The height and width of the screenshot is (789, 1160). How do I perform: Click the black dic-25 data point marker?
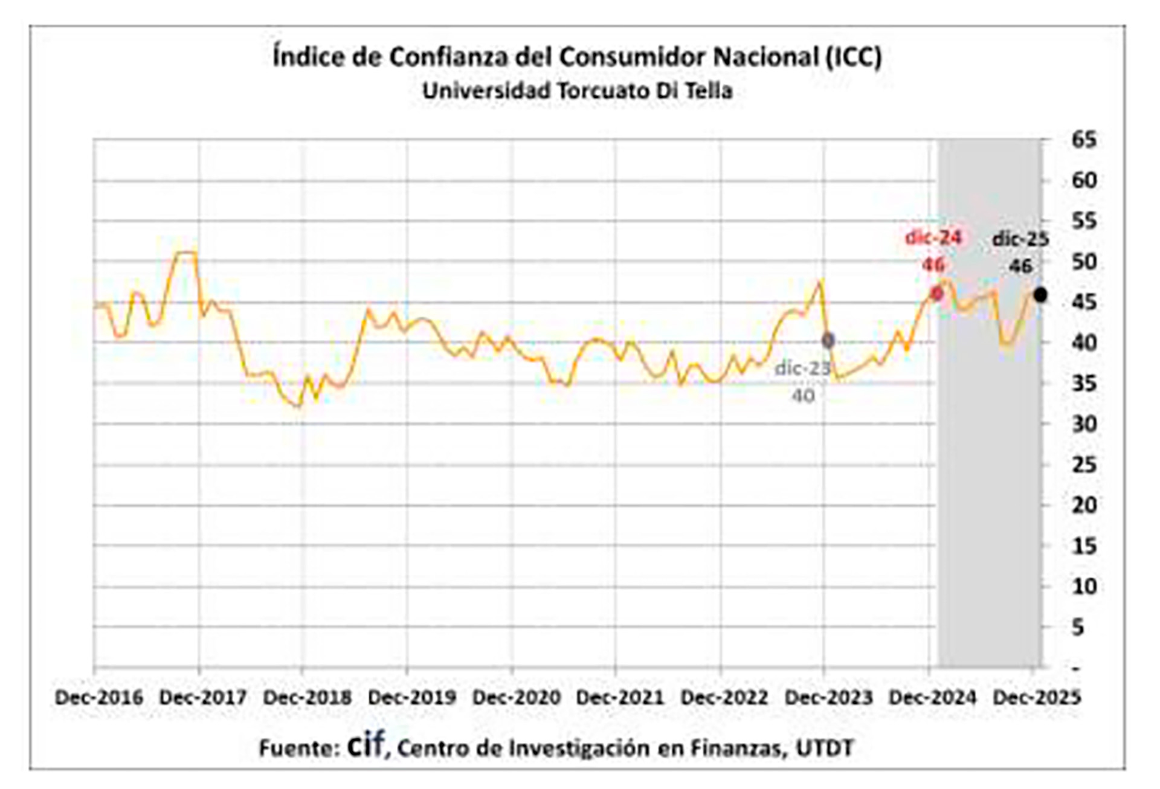(1040, 295)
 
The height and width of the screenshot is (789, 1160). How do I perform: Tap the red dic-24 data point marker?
(936, 294)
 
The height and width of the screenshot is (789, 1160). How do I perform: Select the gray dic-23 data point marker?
(828, 341)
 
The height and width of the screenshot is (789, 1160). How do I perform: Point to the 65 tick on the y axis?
(1084, 140)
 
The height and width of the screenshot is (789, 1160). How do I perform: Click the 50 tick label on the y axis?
(1084, 262)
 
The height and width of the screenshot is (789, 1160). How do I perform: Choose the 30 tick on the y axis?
(1084, 424)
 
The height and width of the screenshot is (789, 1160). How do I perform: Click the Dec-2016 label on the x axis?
(99, 698)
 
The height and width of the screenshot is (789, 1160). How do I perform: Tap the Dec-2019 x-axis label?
(412, 698)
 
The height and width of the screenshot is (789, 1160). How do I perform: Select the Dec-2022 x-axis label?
(724, 698)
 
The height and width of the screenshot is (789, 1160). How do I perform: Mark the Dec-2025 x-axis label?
(1037, 698)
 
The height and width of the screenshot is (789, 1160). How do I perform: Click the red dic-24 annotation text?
(933, 238)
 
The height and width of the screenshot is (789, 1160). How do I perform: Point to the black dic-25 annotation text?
(1020, 239)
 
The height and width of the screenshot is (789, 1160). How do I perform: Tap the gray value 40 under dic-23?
(803, 396)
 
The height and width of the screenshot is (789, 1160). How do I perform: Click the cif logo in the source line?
(366, 746)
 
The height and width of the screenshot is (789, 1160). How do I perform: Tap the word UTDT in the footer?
(824, 749)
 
